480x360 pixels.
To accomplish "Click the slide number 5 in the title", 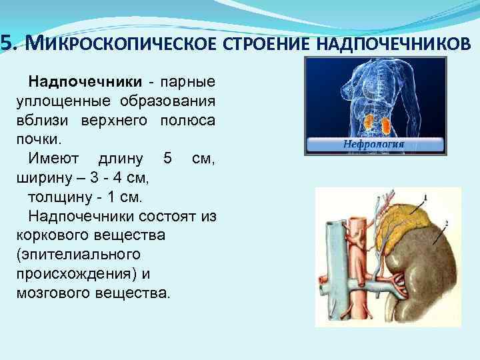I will pyautogui.click(x=6, y=43).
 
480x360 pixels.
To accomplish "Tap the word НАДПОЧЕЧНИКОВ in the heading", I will pyautogui.click(x=393, y=43).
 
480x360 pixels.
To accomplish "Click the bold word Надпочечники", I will pyautogui.click(x=85, y=82).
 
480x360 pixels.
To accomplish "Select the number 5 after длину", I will pyautogui.click(x=167, y=159).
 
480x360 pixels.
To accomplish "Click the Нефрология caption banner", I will pyautogui.click(x=375, y=145).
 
